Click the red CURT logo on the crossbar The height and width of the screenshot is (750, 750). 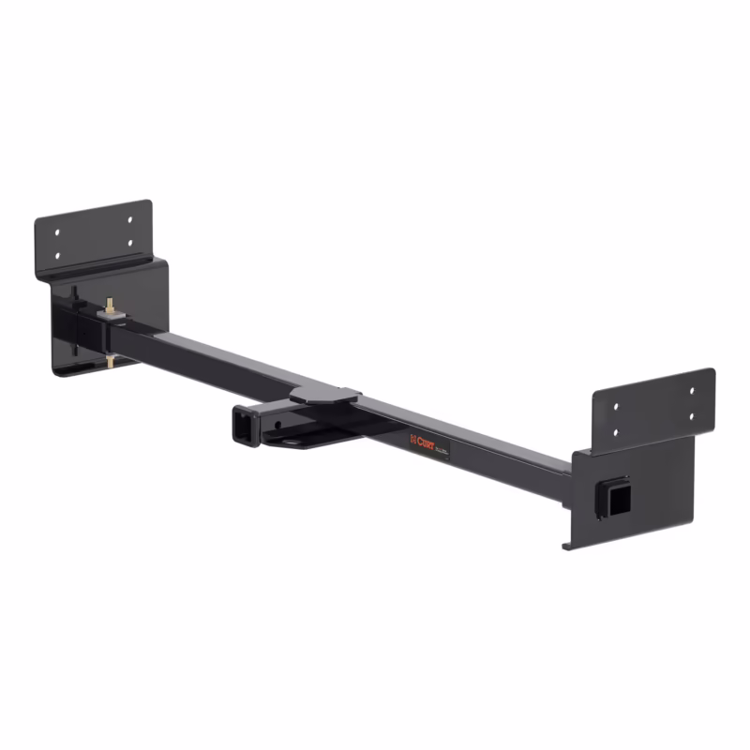(423, 439)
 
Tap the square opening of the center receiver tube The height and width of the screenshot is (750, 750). (240, 428)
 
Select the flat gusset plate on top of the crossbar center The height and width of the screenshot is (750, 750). (324, 397)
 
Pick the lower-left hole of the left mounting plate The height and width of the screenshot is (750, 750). (58, 254)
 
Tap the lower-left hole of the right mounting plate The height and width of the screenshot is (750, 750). (616, 430)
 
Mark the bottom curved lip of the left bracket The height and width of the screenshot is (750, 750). (70, 372)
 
